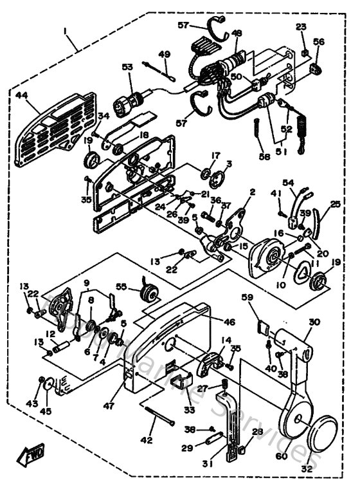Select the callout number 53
point(126,67)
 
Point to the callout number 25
point(335,204)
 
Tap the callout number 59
point(247,297)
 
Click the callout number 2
point(253,192)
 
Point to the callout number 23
point(301,26)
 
